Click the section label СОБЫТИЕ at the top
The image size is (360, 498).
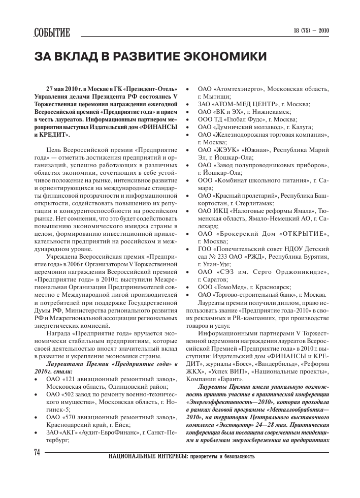coord(52,33)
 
